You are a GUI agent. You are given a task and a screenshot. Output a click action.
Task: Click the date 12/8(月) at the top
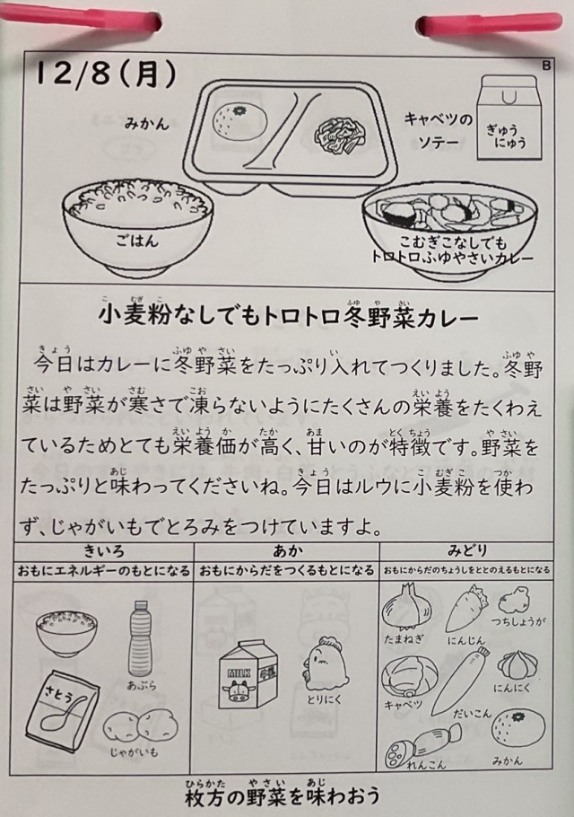tap(106, 75)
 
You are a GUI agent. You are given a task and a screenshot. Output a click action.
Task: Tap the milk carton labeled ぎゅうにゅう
tap(509, 118)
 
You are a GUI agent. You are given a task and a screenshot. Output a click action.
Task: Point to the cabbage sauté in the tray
tap(340, 136)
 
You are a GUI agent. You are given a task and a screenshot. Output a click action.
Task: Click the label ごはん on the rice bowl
tap(137, 241)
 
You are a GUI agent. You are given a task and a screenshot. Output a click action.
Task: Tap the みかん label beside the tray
tap(147, 124)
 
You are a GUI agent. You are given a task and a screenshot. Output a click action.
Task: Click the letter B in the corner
tap(546, 66)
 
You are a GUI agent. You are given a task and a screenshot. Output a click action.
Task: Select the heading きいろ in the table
tap(104, 550)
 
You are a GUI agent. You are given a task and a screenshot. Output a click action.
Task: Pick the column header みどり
tap(467, 550)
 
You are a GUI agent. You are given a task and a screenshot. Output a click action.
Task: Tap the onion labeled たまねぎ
tap(404, 608)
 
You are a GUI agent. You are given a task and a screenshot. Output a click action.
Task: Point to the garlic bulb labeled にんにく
tap(514, 665)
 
